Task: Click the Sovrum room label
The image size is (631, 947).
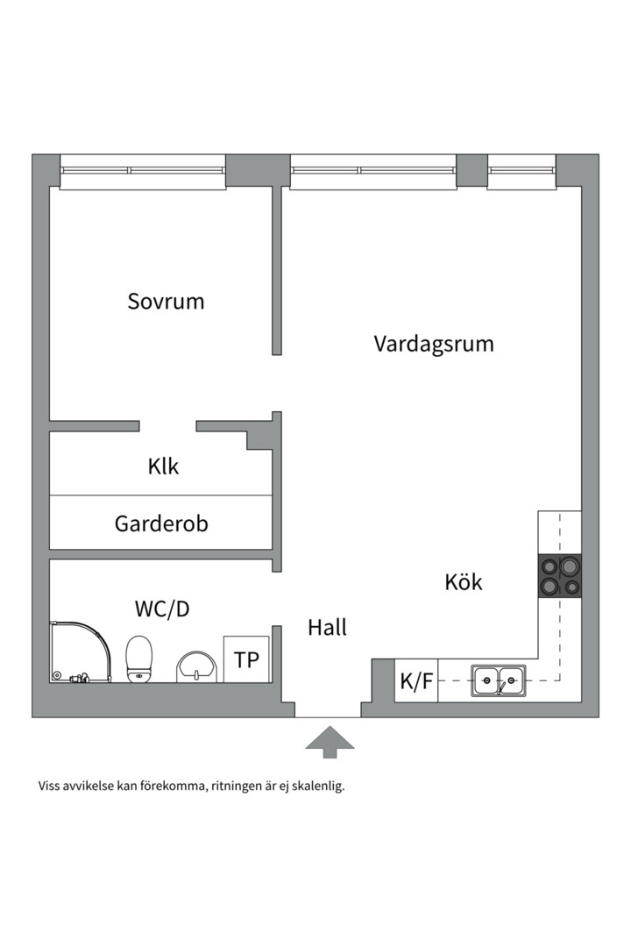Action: (166, 301)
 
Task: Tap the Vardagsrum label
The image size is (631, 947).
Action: (434, 343)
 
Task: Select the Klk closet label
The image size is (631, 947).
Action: (163, 466)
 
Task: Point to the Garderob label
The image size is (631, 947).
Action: (161, 523)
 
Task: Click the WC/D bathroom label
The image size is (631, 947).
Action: (162, 609)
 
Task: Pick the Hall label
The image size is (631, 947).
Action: (327, 628)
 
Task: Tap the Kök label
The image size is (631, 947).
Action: (464, 581)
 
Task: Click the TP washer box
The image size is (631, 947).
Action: (246, 659)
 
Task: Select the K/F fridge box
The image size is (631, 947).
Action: (416, 680)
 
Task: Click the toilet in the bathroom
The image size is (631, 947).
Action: (139, 659)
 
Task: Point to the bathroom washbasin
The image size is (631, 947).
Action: (196, 667)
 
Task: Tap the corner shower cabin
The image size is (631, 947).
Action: (81, 652)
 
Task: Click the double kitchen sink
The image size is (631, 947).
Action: (498, 680)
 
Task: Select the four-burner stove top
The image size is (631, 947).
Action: (560, 575)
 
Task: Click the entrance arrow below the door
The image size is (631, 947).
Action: (330, 741)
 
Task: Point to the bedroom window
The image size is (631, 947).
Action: (143, 171)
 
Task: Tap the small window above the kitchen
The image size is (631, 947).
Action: (521, 171)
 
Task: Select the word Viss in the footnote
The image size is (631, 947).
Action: (49, 786)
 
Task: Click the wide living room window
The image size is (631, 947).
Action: (373, 171)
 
